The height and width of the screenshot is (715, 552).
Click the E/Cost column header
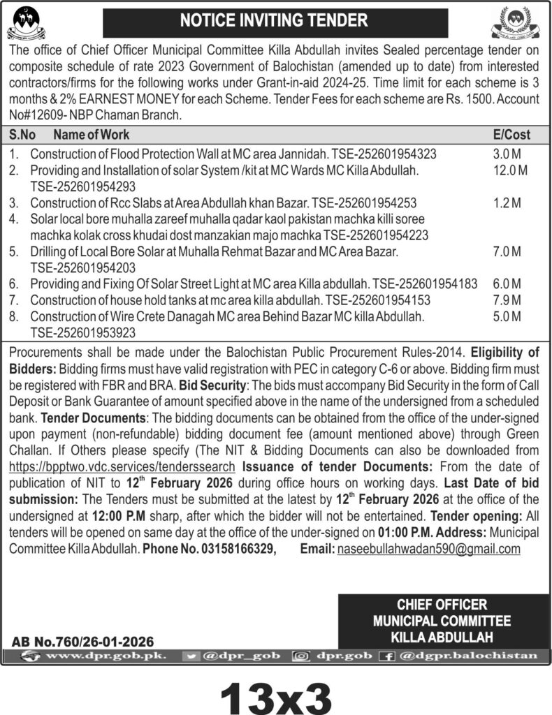coord(511,135)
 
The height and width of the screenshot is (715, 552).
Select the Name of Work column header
coord(91,135)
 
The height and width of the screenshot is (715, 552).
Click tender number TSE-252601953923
coord(82,332)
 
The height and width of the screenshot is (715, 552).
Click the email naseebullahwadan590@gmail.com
coord(428,549)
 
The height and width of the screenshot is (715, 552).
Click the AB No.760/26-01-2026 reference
coord(83,641)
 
